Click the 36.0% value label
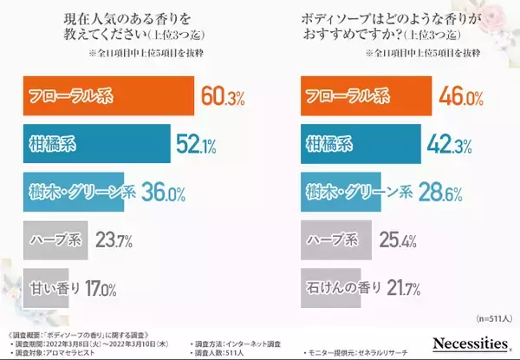pos(164,189)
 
